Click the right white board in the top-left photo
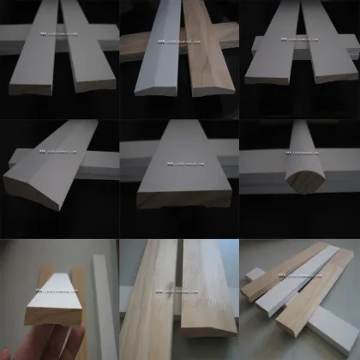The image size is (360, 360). click(90, 64)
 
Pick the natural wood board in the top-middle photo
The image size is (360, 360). click(206, 64)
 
